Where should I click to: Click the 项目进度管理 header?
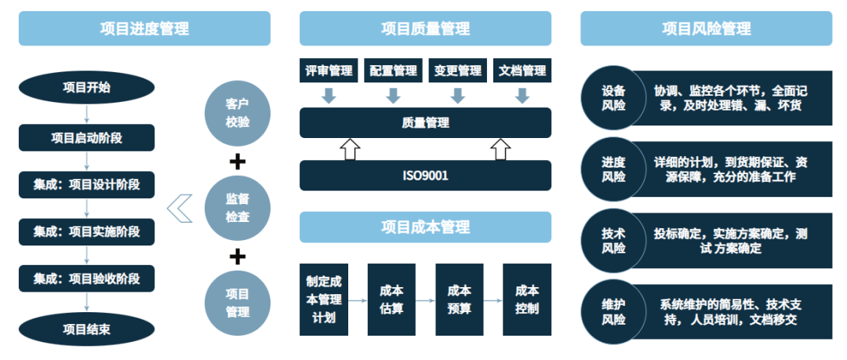click(144, 29)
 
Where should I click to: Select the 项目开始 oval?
click(86, 87)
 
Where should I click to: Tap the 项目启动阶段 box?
click(86, 138)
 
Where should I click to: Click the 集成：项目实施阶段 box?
click(86, 231)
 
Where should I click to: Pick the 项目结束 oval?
click(86, 329)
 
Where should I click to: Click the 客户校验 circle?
click(237, 113)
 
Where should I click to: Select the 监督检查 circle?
click(237, 209)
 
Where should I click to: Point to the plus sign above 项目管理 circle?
click(237, 256)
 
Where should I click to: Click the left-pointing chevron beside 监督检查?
click(180, 209)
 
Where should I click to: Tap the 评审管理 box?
click(329, 71)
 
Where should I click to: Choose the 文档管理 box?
click(522, 71)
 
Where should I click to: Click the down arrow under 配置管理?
click(394, 96)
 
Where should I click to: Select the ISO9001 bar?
click(425, 175)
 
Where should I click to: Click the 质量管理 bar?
click(425, 122)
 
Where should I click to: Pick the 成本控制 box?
click(527, 299)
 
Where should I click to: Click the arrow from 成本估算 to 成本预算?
click(425, 300)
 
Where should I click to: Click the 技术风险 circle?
click(614, 240)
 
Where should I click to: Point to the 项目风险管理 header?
click(706, 29)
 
